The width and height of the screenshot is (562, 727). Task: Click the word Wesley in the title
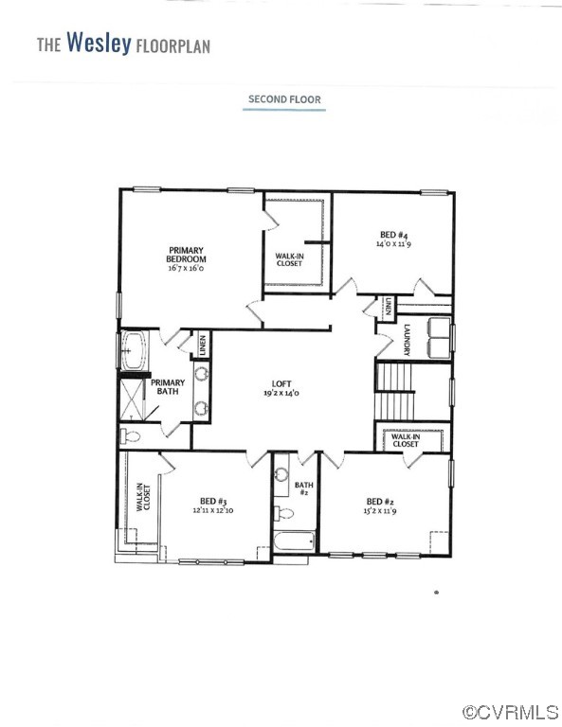pyautogui.click(x=99, y=44)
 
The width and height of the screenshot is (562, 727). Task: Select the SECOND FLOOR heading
pyautogui.click(x=284, y=98)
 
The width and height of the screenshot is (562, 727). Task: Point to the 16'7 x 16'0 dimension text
pyautogui.click(x=186, y=269)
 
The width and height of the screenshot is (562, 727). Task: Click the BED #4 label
pyautogui.click(x=389, y=233)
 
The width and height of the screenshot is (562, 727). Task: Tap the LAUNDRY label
pyautogui.click(x=406, y=340)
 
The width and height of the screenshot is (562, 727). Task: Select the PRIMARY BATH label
pyautogui.click(x=168, y=386)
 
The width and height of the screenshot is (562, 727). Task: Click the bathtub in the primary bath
pyautogui.click(x=135, y=349)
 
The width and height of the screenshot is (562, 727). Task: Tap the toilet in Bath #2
pyautogui.click(x=282, y=514)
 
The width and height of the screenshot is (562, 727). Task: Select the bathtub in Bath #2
pyautogui.click(x=294, y=543)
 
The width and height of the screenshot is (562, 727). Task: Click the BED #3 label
pyautogui.click(x=212, y=501)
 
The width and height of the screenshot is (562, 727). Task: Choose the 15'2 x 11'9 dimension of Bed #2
pyautogui.click(x=379, y=512)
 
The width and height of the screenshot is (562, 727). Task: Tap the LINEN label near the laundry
pyautogui.click(x=390, y=307)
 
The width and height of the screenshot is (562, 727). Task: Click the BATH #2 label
pyautogui.click(x=304, y=488)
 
